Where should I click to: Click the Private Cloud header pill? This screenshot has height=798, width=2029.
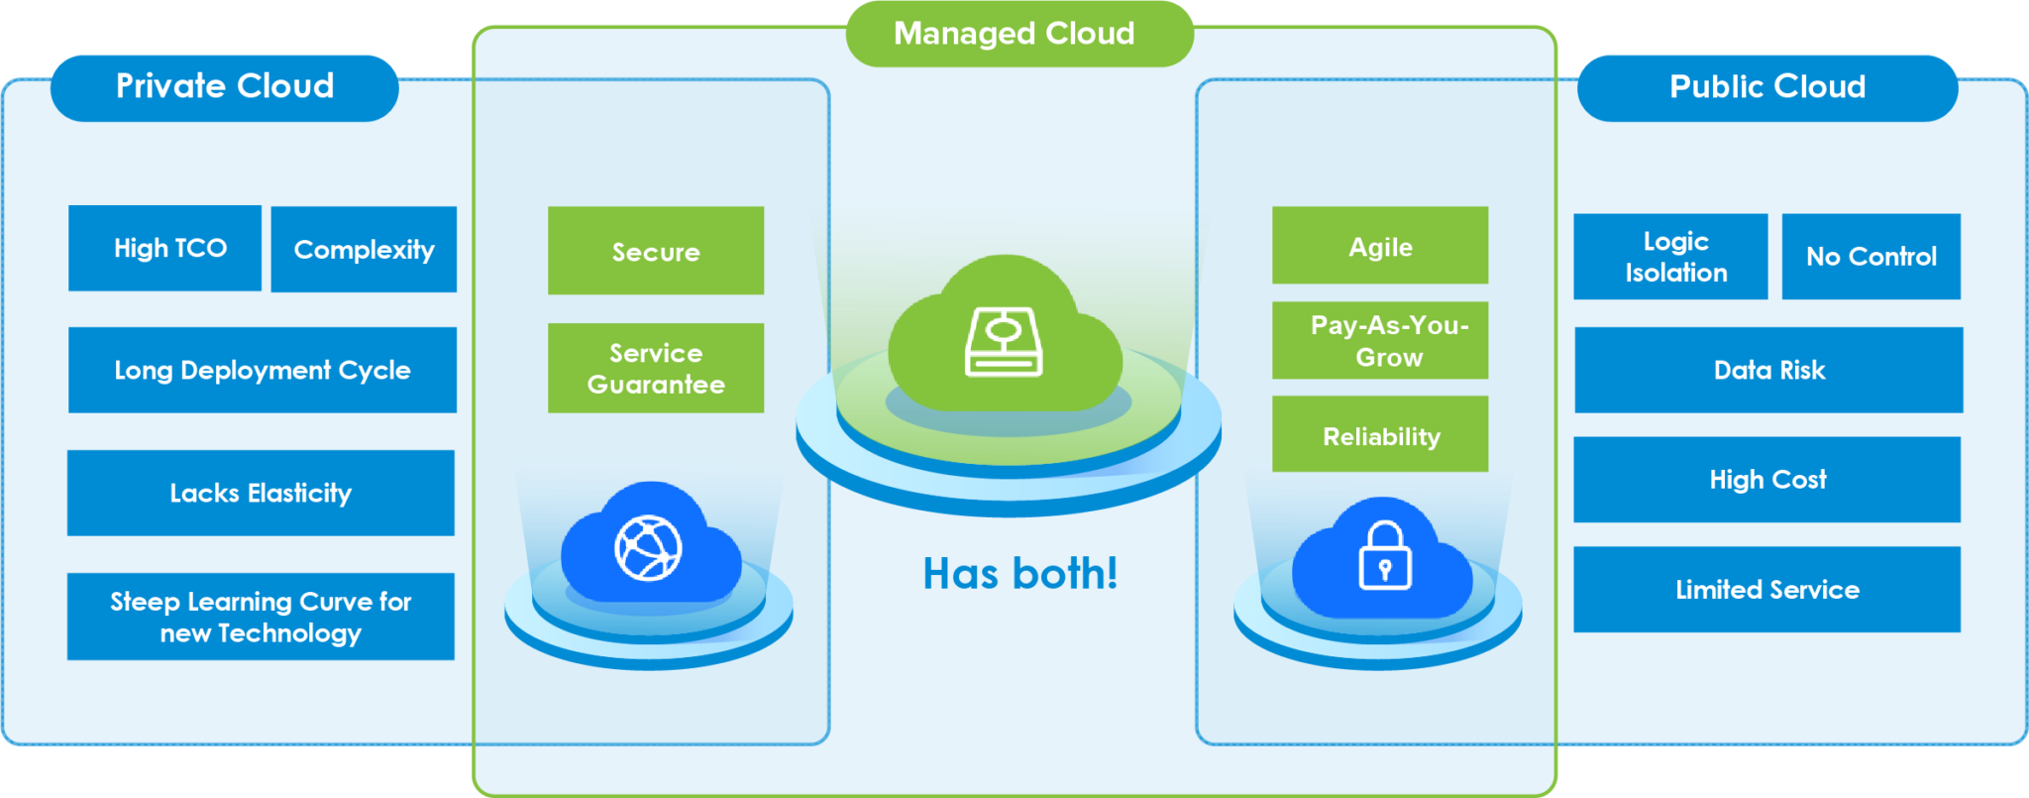(225, 87)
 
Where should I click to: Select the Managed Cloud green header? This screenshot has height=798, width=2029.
(1018, 34)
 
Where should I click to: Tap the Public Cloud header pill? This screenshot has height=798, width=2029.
(1767, 87)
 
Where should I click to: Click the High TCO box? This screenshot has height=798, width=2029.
(165, 248)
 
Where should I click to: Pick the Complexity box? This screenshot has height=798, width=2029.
(364, 250)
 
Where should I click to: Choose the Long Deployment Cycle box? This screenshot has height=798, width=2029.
(263, 370)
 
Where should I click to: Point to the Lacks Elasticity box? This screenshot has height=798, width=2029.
(261, 493)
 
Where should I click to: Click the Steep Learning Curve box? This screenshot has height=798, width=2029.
(261, 617)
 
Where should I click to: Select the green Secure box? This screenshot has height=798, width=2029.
(656, 251)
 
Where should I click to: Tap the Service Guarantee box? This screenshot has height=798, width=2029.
(656, 368)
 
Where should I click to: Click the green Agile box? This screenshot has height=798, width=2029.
(1380, 246)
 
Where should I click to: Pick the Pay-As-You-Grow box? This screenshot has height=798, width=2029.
(1380, 340)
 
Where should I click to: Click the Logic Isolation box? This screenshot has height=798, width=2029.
(1670, 257)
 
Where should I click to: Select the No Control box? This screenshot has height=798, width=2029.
(1870, 257)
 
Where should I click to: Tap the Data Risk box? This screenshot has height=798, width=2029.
(1768, 370)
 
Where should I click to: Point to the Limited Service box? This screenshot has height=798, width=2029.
(1767, 590)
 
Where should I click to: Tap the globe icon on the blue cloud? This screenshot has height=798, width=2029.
(648, 547)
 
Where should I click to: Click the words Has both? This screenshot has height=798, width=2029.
(1019, 574)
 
